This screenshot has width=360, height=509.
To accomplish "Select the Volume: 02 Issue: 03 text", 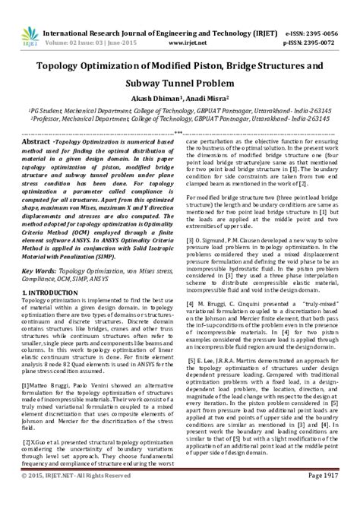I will (x=82, y=24).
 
